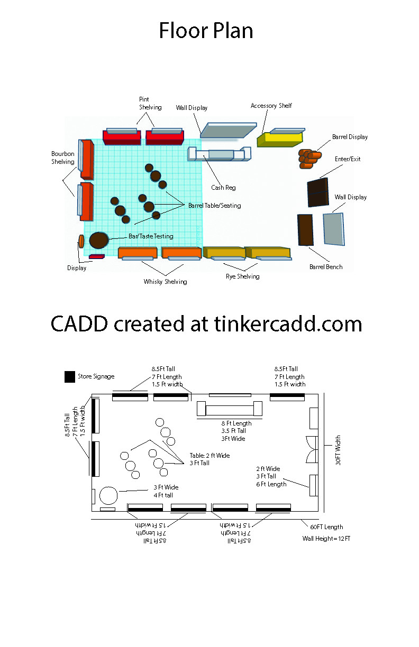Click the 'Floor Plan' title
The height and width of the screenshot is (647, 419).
tap(206, 31)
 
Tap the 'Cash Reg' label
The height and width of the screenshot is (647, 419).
tap(223, 188)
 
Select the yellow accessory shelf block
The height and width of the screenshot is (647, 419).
tap(280, 140)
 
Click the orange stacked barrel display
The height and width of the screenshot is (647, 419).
tap(309, 159)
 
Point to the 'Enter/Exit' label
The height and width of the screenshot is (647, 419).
tap(348, 159)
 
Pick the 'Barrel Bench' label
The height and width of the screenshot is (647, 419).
tap(326, 267)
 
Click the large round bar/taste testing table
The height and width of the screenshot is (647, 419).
tap(99, 240)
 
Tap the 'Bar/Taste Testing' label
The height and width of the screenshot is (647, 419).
tap(151, 236)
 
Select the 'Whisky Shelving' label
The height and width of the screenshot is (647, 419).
tap(165, 282)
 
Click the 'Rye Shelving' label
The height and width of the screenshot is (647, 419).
tap(243, 276)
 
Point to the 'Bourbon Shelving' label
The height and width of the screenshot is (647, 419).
tap(63, 158)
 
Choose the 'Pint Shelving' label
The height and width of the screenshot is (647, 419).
tap(150, 104)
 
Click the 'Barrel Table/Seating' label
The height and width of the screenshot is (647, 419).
tap(215, 206)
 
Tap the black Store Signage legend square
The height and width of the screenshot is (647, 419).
tap(70, 377)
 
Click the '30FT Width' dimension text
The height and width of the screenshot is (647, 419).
tap(338, 450)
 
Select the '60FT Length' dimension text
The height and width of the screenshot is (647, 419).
tap(326, 527)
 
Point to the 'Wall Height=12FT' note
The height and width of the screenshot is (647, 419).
tap(326, 539)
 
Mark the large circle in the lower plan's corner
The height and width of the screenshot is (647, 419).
tap(108, 495)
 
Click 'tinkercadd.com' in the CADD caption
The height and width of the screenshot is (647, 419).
tap(288, 324)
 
